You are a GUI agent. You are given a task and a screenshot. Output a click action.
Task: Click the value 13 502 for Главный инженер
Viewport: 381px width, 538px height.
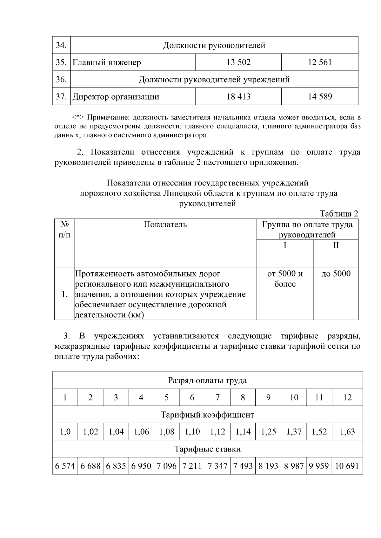click(238, 62)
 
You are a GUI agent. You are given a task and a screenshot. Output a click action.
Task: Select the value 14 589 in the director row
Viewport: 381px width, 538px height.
click(320, 97)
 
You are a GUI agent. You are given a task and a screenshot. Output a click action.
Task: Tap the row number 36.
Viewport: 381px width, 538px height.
click(61, 79)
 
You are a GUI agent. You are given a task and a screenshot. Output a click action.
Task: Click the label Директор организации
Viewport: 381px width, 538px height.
click(116, 97)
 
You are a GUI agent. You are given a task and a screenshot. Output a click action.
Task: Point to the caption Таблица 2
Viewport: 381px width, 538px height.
click(339, 214)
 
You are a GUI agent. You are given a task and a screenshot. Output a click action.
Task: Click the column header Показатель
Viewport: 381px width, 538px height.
click(165, 225)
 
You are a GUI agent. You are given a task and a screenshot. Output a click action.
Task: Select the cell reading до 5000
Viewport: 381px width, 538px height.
click(336, 274)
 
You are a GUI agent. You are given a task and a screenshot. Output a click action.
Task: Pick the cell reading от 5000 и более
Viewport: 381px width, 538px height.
click(285, 279)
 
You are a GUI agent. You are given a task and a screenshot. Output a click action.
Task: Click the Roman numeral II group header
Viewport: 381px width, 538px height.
click(336, 245)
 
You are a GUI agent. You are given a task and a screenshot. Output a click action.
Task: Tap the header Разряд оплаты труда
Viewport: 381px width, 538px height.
click(207, 380)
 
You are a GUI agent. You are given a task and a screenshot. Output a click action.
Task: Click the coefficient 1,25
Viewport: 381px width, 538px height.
click(268, 432)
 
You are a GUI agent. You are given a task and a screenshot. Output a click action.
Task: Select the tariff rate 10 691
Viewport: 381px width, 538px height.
click(347, 466)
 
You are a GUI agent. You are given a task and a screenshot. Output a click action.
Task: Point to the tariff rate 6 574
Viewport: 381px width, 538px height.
click(65, 466)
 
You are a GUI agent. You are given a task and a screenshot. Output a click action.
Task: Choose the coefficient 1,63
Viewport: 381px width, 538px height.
click(347, 432)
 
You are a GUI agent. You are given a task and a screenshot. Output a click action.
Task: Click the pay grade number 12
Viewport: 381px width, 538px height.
click(347, 398)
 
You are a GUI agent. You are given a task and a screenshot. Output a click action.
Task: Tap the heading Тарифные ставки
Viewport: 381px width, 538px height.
click(207, 449)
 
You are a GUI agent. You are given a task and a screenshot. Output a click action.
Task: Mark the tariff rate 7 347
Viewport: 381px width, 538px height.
click(217, 466)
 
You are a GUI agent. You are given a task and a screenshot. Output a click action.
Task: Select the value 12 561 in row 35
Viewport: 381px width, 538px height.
click(320, 62)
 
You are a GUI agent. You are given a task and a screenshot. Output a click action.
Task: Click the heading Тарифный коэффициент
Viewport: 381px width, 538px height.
click(207, 415)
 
